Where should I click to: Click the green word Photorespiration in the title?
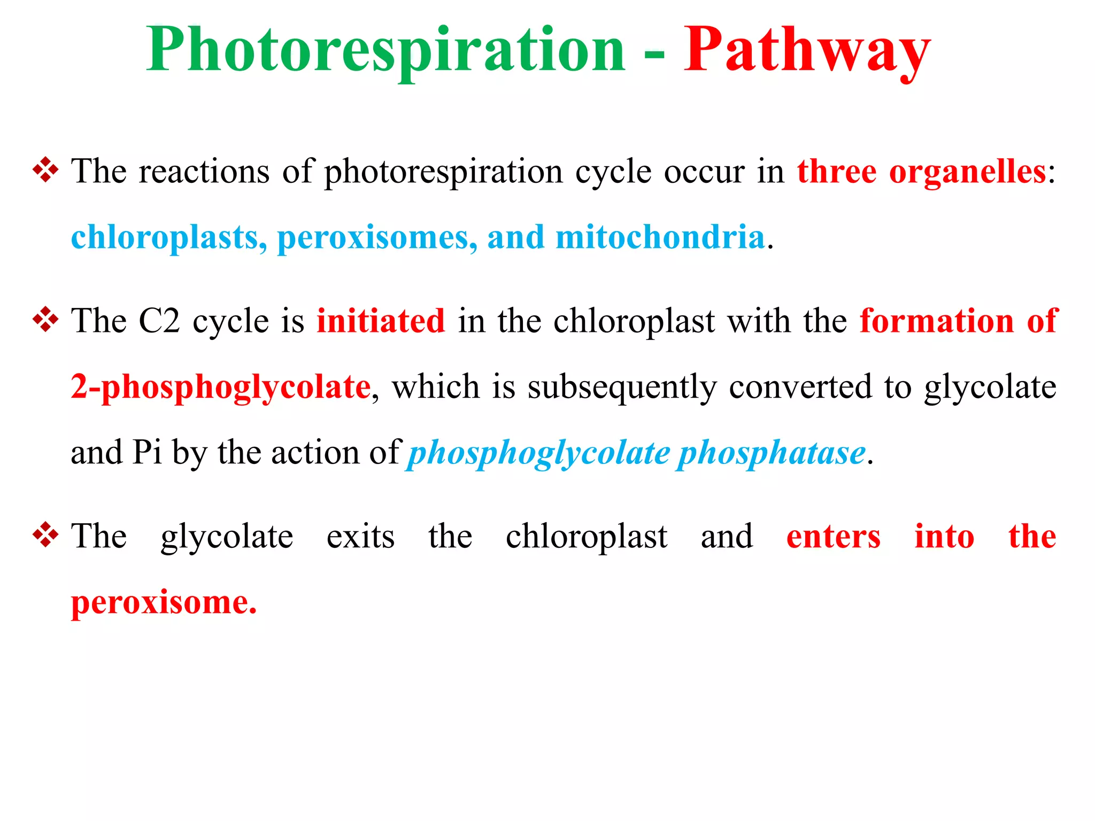click(385, 51)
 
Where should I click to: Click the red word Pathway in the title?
click(807, 51)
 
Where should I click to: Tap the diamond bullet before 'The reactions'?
click(45, 171)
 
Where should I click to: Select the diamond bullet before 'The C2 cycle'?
click(45, 320)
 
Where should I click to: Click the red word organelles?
click(967, 172)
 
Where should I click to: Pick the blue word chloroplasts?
click(169, 238)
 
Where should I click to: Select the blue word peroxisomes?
click(377, 238)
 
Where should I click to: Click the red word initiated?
click(381, 321)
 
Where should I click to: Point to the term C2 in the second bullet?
click(159, 321)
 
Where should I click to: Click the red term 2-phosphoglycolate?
click(221, 388)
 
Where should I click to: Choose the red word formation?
click(937, 321)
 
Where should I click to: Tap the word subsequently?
click(622, 388)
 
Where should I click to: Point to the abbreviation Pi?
click(147, 453)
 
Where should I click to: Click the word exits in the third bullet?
click(360, 537)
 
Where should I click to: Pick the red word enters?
click(833, 537)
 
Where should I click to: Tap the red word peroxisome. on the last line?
click(164, 603)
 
